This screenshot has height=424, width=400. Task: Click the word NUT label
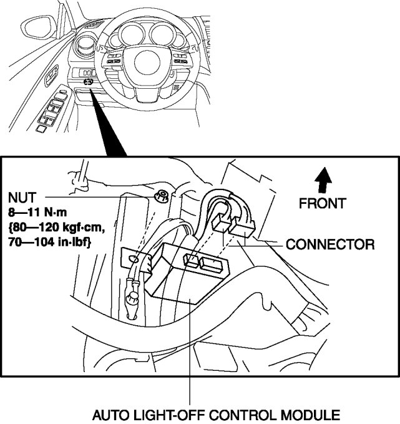pyautogui.click(x=22, y=198)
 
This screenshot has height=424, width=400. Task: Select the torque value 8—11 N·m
pyautogui.click(x=37, y=213)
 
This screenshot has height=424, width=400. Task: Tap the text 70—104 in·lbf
pyautogui.click(x=49, y=242)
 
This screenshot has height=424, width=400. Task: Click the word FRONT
pyautogui.click(x=322, y=203)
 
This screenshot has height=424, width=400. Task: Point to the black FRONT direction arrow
pyautogui.click(x=323, y=180)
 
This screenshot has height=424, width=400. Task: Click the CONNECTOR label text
pyautogui.click(x=330, y=245)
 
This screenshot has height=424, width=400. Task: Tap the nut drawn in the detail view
pyautogui.click(x=161, y=196)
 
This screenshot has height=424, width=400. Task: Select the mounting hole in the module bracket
pyautogui.click(x=134, y=259)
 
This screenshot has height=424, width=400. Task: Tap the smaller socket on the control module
pyautogui.click(x=192, y=260)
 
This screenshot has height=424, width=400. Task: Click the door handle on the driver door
pyautogui.click(x=52, y=75)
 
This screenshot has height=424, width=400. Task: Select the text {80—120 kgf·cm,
pyautogui.click(x=57, y=228)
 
